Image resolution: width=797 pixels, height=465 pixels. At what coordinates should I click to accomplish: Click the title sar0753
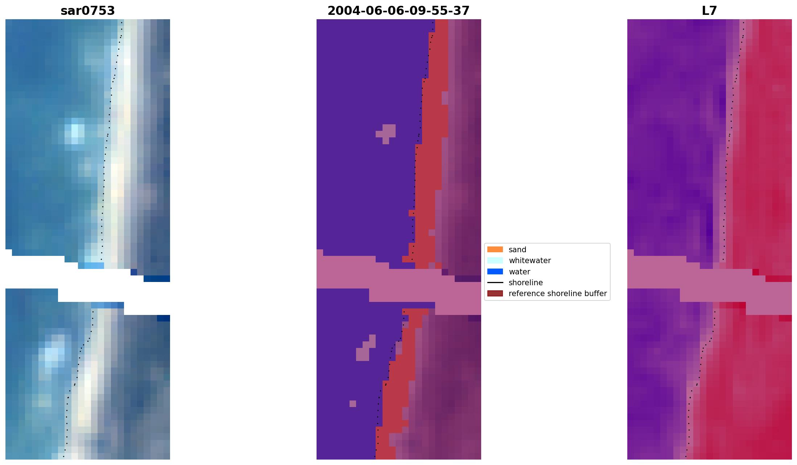click(x=88, y=11)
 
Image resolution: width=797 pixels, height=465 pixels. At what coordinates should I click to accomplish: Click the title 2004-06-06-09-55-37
click(x=398, y=11)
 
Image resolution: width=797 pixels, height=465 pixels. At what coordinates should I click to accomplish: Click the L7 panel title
click(x=709, y=11)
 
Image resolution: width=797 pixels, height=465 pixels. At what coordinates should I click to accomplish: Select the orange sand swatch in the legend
click(x=495, y=250)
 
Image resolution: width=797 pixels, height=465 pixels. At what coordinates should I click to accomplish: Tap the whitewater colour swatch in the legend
click(x=495, y=261)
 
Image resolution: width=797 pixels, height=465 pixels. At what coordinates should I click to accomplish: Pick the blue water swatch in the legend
click(x=495, y=272)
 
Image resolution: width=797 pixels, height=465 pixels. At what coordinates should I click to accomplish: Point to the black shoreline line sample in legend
click(x=495, y=283)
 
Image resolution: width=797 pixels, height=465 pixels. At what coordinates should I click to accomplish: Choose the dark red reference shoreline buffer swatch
click(x=495, y=294)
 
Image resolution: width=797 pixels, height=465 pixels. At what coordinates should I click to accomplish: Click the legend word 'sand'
click(x=517, y=250)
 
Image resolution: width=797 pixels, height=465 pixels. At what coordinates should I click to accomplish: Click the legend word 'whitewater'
click(x=530, y=261)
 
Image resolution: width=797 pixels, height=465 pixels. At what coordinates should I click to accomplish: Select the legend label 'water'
click(x=519, y=272)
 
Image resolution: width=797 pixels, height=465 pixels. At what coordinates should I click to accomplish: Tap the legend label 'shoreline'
click(x=525, y=283)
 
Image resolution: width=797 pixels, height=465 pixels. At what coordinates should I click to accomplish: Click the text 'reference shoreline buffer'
click(x=557, y=294)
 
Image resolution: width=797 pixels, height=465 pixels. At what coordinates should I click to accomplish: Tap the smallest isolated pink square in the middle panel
click(x=353, y=404)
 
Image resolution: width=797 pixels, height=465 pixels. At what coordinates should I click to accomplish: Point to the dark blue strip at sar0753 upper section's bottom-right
click(x=157, y=279)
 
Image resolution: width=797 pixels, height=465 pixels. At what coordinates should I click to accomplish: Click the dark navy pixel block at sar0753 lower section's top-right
click(x=164, y=318)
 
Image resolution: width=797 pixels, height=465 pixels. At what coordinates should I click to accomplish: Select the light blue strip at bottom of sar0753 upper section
click(x=91, y=266)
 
